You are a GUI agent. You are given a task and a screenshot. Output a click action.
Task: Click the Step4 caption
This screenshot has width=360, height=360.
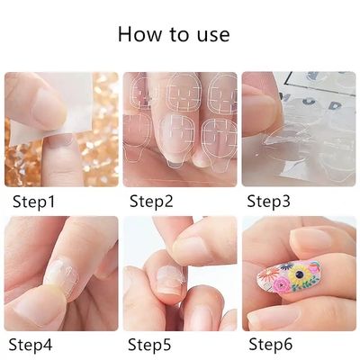point(31,343)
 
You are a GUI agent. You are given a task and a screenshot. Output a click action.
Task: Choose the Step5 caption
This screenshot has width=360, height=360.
point(150,343)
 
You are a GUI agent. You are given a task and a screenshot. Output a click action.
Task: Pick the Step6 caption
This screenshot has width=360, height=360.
point(269,343)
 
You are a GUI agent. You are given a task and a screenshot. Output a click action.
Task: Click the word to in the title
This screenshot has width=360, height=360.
point(180,36)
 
